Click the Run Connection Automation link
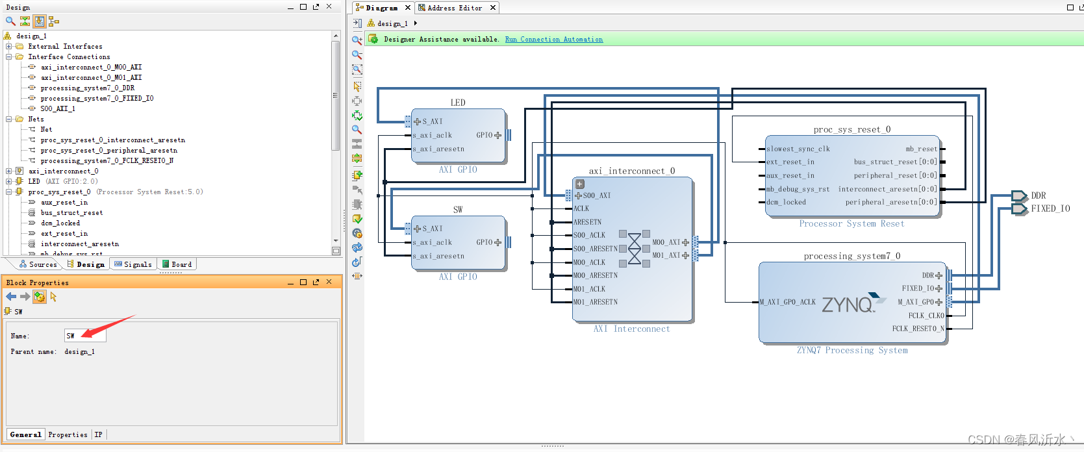coord(553,39)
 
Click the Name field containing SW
coord(85,335)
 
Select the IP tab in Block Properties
coord(98,434)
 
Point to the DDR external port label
coord(1039,195)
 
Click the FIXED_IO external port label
coord(1051,208)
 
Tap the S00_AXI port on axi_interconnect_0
coord(593,195)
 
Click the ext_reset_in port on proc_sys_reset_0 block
coord(790,162)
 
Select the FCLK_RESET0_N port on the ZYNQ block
coord(918,329)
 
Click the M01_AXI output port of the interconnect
coord(670,255)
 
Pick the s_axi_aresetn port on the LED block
coord(438,149)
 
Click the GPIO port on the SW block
coord(489,242)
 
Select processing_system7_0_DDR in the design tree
coord(88,88)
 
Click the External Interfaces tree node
coord(65,46)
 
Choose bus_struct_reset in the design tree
coord(71,212)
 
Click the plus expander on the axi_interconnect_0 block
coord(580,184)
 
